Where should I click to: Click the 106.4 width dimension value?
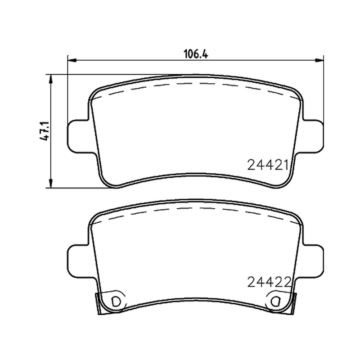tap(196, 54)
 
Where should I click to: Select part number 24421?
tap(268, 165)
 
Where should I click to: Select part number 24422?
tap(269, 282)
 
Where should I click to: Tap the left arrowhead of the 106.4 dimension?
tap(72, 60)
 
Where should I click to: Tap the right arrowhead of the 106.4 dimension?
tap(319, 60)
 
